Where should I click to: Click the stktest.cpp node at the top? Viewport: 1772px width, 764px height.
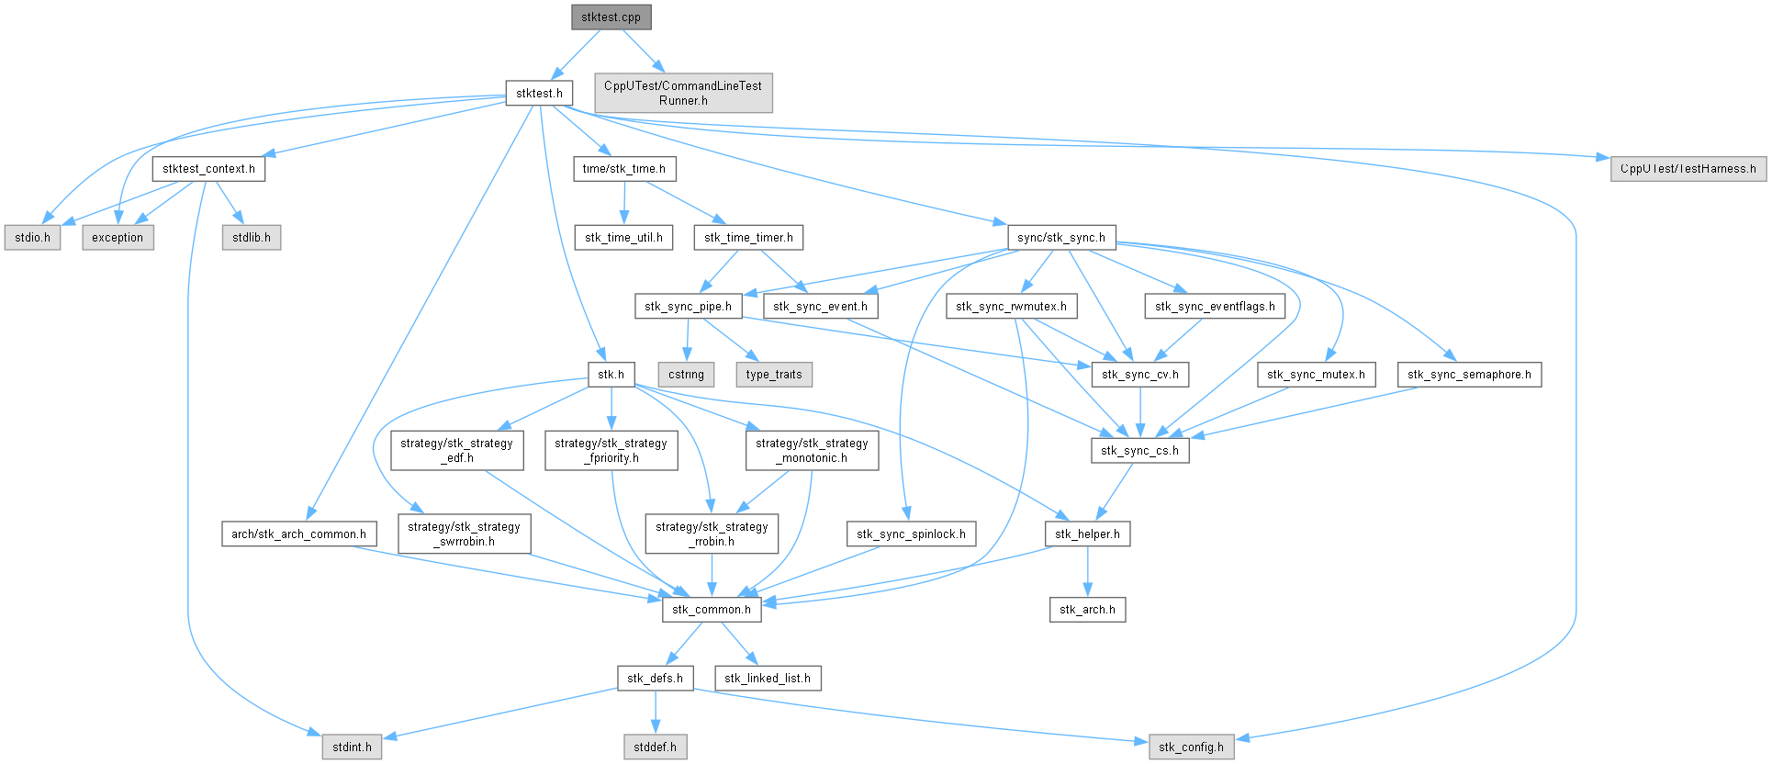coord(611,17)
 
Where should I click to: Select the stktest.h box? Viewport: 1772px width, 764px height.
coord(539,93)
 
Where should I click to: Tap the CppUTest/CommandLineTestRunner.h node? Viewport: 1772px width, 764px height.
coord(683,93)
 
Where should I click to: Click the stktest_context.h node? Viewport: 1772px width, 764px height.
coord(208,169)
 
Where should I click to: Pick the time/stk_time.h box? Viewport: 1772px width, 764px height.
coord(624,169)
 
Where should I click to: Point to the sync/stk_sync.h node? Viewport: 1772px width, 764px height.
coord(1061,238)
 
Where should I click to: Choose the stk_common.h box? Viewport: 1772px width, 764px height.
coord(712,610)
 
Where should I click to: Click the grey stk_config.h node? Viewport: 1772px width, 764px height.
coord(1191,747)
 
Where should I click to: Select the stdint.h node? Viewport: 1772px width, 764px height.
coord(352,747)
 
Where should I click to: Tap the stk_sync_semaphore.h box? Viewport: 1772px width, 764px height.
coord(1469,375)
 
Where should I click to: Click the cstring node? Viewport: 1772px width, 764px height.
coord(686,375)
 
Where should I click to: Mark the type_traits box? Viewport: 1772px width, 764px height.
coord(774,375)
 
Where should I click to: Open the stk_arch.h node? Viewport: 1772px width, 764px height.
coord(1087,610)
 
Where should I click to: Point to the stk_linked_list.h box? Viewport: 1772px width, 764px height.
coord(768,679)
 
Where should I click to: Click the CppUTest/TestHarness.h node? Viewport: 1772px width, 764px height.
coord(1688,169)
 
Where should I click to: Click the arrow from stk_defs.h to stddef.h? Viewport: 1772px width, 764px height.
coord(655,713)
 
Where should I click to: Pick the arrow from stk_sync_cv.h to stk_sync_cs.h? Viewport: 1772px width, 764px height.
coord(1140,412)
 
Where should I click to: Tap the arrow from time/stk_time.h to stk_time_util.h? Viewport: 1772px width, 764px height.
coord(624,203)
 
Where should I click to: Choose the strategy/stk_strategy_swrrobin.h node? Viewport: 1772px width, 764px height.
coord(464,534)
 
